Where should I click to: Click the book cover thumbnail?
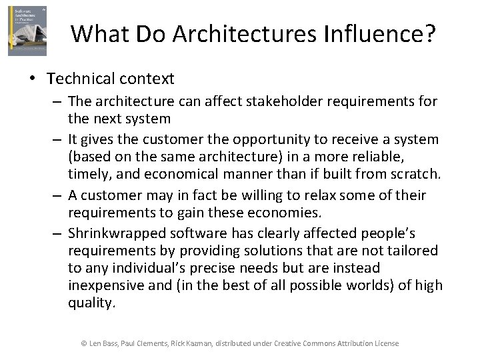27,31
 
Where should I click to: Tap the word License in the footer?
386,343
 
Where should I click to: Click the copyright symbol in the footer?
84,343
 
